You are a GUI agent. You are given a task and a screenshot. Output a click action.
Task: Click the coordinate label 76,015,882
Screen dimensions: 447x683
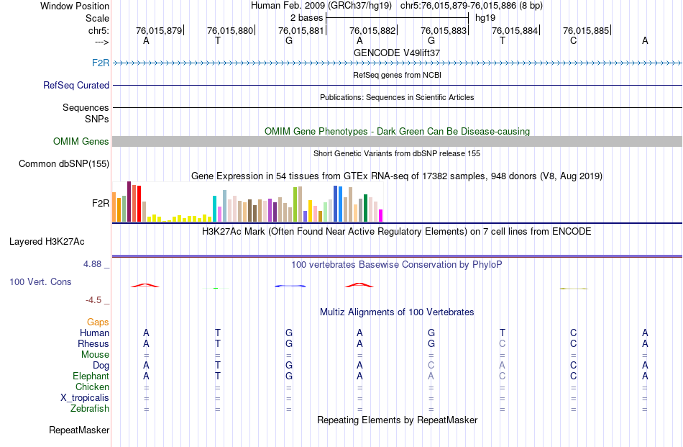pos(372,30)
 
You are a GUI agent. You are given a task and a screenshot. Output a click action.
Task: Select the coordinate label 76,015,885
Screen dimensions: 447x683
pos(586,30)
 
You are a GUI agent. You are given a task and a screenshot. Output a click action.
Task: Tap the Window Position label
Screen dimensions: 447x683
pos(75,6)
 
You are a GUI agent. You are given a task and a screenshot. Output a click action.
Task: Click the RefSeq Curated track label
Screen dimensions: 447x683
pos(76,85)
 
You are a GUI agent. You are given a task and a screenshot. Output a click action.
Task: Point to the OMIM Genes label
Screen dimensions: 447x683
pos(81,142)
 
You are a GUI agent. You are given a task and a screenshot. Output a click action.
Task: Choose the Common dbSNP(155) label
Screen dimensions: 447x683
pos(64,164)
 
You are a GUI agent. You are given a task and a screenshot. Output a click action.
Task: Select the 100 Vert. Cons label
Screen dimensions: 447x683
pos(40,281)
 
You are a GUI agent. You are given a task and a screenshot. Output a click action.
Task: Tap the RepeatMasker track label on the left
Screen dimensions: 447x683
pos(79,430)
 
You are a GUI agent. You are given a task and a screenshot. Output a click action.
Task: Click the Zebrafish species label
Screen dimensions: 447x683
pos(90,409)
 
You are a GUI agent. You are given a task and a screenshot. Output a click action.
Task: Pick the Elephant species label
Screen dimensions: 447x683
pos(91,376)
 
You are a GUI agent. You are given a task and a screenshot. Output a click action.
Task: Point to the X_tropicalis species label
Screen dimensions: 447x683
pos(85,398)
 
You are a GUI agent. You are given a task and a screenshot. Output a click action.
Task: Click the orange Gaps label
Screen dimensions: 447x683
pos(98,322)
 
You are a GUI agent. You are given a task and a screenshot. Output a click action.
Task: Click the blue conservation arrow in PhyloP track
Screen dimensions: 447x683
pos(290,286)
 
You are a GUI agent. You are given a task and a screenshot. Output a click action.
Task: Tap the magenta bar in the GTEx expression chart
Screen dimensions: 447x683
pos(381,215)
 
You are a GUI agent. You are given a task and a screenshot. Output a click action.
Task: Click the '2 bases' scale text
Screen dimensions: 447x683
pos(306,17)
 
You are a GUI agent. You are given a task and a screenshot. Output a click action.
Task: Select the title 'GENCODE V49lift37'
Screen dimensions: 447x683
pos(397,53)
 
